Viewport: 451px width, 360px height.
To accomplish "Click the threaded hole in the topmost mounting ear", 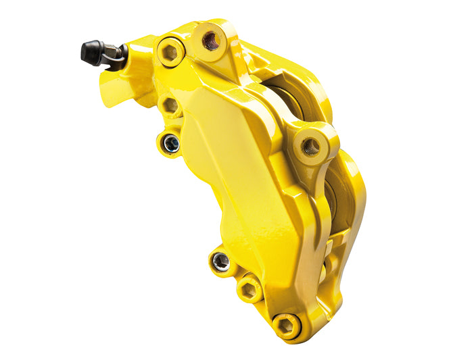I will point(210,41).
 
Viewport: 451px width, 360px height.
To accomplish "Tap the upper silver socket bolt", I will point(171,143).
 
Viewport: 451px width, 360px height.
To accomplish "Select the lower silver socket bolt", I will point(220,261).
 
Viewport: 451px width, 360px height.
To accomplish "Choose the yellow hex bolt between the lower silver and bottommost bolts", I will point(249,290).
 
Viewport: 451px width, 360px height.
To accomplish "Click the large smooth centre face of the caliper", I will point(230,176).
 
